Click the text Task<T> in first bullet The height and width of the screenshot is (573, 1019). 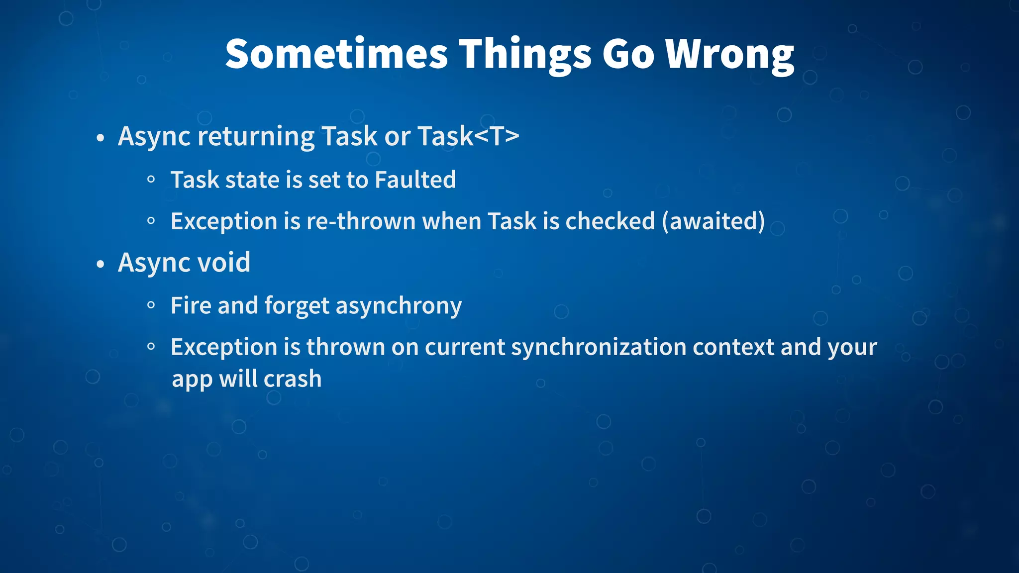[468, 136]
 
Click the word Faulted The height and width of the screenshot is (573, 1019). [415, 180]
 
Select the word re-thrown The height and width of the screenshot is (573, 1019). [361, 221]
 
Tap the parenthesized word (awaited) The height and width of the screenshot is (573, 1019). [713, 221]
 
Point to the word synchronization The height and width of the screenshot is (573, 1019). [599, 347]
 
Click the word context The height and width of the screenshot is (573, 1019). [733, 347]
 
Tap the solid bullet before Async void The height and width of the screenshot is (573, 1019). [101, 264]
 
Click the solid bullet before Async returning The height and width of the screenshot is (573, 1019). [101, 138]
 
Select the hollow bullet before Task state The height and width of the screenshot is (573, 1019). [151, 180]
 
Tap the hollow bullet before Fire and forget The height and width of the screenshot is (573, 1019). [151, 305]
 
